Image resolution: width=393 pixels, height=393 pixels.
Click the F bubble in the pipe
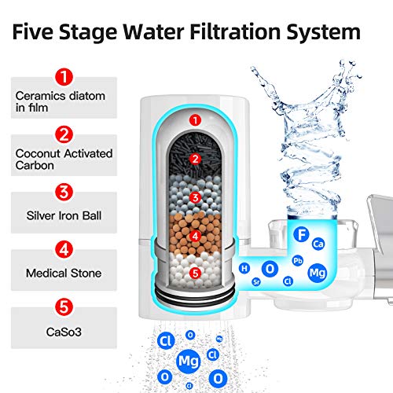coord(300,234)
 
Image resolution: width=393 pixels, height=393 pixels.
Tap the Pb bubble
coord(297,260)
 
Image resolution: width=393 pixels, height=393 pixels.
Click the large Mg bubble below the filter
coord(189,362)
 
